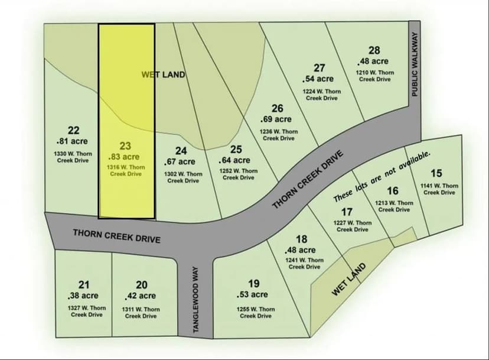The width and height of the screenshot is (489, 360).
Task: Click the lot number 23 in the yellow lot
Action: pyautogui.click(x=125, y=146)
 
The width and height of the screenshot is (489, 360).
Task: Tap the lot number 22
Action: pyautogui.click(x=74, y=131)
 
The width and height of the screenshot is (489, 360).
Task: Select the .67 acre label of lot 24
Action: pyautogui.click(x=179, y=161)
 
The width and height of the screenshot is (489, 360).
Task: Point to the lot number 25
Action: pyautogui.click(x=236, y=150)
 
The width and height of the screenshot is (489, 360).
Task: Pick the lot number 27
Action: pyautogui.click(x=319, y=68)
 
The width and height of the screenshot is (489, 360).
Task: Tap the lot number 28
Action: pyautogui.click(x=374, y=50)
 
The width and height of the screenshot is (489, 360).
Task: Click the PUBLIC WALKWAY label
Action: pyautogui.click(x=415, y=64)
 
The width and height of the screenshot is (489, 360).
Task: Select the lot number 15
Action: pyautogui.click(x=436, y=173)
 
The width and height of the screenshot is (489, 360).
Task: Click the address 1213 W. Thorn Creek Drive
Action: pyautogui.click(x=394, y=206)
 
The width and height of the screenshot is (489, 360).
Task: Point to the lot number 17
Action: pyautogui.click(x=347, y=212)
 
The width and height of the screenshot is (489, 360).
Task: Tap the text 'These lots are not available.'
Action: pyautogui.click(x=382, y=176)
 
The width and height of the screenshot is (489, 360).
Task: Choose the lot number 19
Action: pyautogui.click(x=254, y=284)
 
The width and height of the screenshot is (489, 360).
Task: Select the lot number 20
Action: pyautogui.click(x=141, y=285)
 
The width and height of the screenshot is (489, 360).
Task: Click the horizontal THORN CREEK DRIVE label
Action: pyautogui.click(x=117, y=235)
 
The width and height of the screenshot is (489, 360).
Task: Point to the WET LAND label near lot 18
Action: pyautogui.click(x=348, y=279)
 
